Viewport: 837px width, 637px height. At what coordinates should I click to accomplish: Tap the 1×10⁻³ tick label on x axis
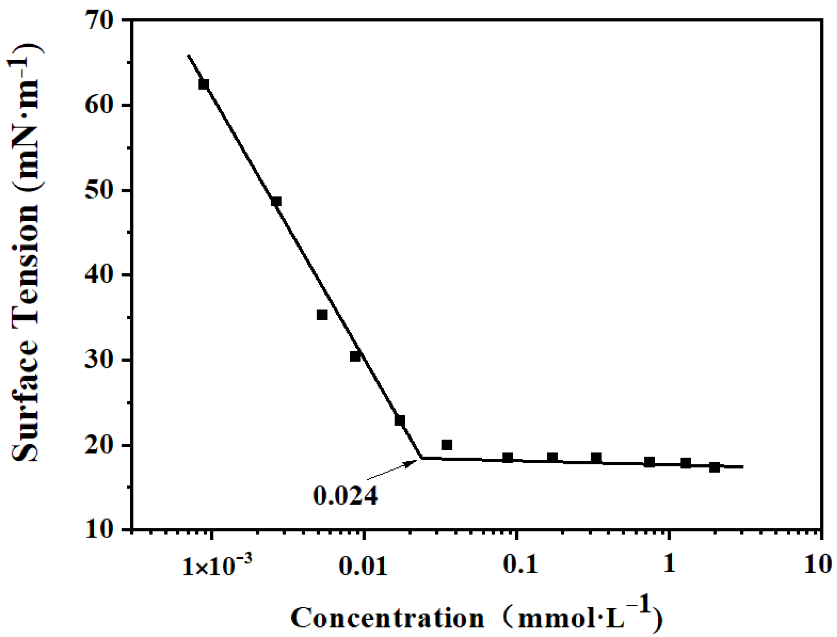click(217, 565)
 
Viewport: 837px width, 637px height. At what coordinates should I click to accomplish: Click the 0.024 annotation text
click(345, 495)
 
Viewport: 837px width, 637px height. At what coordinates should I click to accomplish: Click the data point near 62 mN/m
click(204, 84)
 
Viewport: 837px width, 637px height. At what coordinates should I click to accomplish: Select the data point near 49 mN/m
click(276, 201)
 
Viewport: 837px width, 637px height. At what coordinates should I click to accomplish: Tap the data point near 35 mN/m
click(322, 315)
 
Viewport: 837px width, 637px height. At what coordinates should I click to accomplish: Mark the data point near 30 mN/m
click(355, 357)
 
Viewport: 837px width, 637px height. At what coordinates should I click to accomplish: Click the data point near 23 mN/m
click(400, 420)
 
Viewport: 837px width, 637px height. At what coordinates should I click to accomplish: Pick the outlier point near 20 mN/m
click(447, 445)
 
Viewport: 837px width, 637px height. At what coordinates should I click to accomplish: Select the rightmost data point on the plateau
click(714, 467)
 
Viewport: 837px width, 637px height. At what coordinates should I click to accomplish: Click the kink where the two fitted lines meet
click(422, 458)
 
